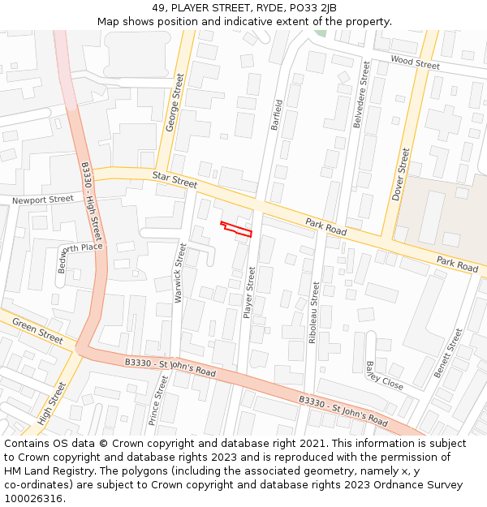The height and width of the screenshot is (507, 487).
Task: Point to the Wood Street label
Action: pyautogui.click(x=415, y=62)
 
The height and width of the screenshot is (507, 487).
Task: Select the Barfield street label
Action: pyautogui.click(x=278, y=115)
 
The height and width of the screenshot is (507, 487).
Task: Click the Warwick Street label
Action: pyautogui.click(x=180, y=273)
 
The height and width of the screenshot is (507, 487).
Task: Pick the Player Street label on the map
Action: pyautogui.click(x=250, y=292)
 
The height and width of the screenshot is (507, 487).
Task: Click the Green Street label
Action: pyautogui.click(x=37, y=331)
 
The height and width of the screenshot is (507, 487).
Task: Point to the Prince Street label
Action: pyautogui.click(x=154, y=400)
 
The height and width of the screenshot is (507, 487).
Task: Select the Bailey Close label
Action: pyautogui.click(x=384, y=376)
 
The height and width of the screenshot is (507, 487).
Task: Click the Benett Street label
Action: pyautogui.click(x=448, y=353)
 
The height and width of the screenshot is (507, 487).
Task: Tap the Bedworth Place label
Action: pyautogui.click(x=80, y=251)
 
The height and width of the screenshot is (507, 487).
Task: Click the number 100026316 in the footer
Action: pyautogui.click(x=33, y=499)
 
